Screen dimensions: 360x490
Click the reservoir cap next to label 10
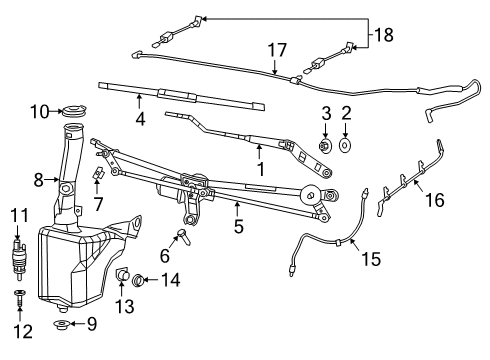click(74, 110)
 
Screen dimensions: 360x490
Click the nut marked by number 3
click(326, 147)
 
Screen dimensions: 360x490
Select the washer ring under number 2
click(346, 147)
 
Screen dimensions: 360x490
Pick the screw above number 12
click(18, 296)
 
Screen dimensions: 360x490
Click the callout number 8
click(39, 182)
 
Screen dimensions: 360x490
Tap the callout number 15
click(371, 258)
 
